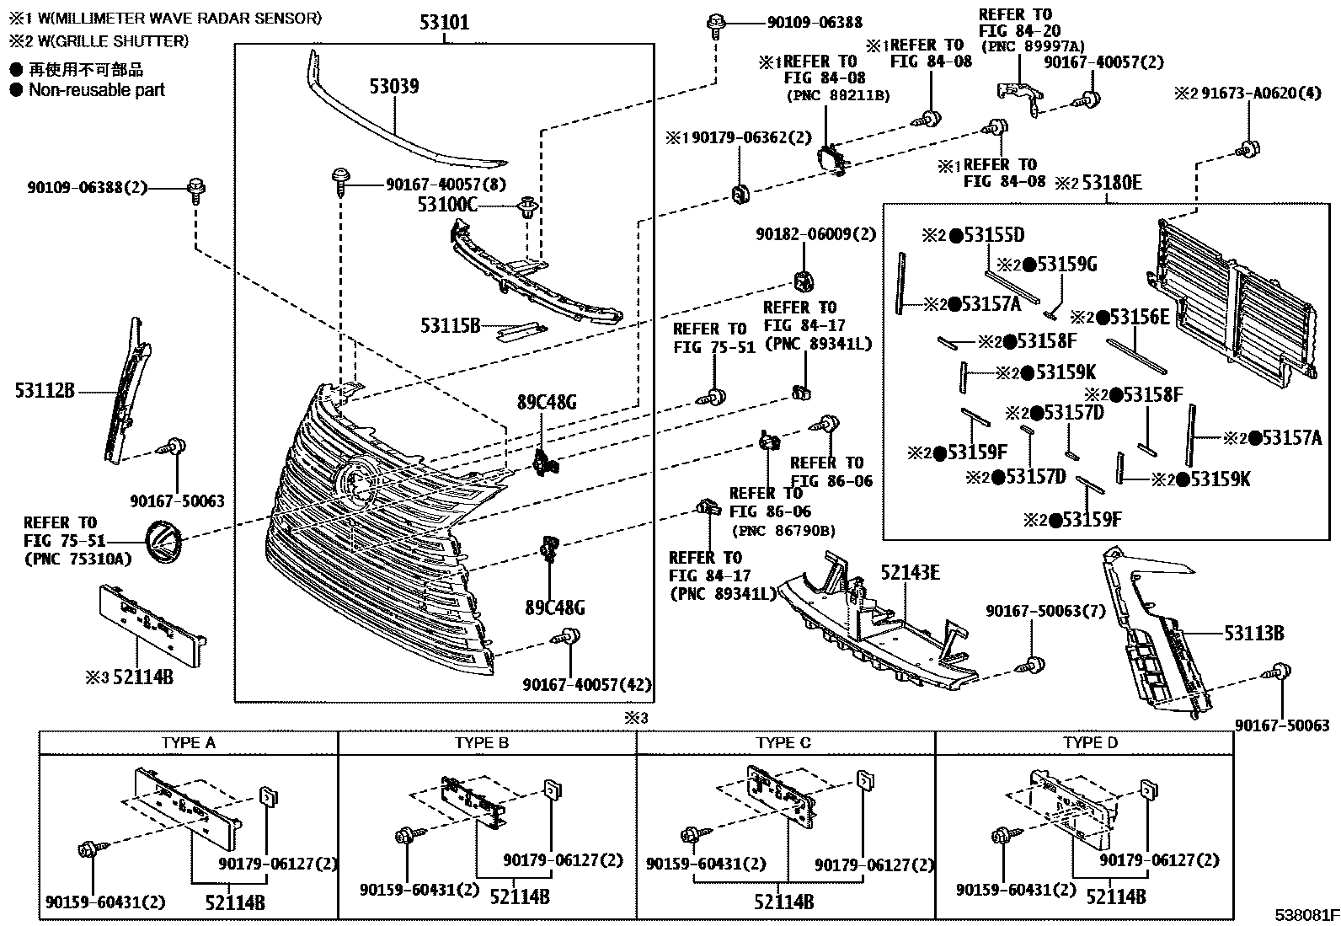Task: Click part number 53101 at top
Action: [444, 21]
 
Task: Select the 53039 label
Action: [393, 86]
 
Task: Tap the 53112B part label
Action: [45, 391]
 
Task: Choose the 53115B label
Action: [450, 325]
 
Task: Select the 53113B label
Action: [1253, 633]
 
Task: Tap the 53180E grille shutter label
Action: [1110, 183]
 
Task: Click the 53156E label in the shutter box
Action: [1139, 317]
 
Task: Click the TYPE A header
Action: [188, 742]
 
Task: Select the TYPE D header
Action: [1090, 742]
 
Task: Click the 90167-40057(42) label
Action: [586, 684]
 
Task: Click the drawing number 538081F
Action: [1306, 914]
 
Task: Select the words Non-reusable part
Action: [97, 90]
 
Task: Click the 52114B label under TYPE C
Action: [783, 902]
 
